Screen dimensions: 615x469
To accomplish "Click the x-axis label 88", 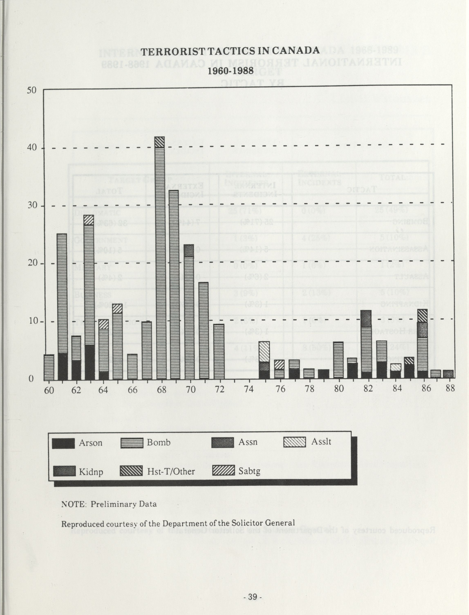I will [450, 389].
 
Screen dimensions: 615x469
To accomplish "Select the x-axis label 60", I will [49, 389].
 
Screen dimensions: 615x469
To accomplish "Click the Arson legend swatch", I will [63, 443].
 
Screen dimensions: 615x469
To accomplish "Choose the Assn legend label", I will [248, 442].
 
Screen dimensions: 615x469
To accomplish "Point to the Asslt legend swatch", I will [295, 442].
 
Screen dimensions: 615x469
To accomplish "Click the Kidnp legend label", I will [91, 472].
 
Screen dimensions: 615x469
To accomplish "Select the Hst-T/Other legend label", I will [171, 472].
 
